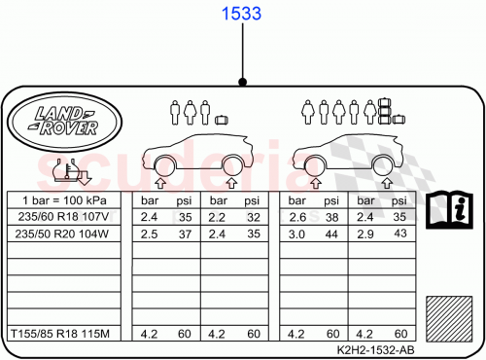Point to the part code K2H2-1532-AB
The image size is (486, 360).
pos(375,350)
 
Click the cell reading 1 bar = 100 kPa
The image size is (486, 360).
pos(65,200)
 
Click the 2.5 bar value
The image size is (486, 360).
pos(149,234)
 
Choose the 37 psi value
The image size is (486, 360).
pos(185,234)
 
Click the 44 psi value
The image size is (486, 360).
pos(332,234)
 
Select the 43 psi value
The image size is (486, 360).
pos(398,234)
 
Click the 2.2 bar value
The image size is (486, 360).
pos(218,217)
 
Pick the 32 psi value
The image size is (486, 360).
pos(254,217)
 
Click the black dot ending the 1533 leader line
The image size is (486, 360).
pos(242,83)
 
